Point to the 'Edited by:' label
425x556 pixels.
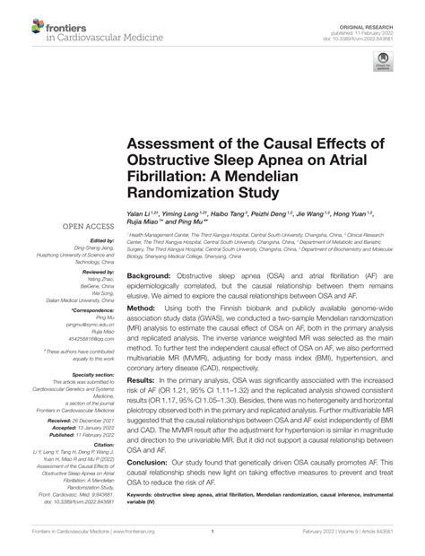click(97, 241)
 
